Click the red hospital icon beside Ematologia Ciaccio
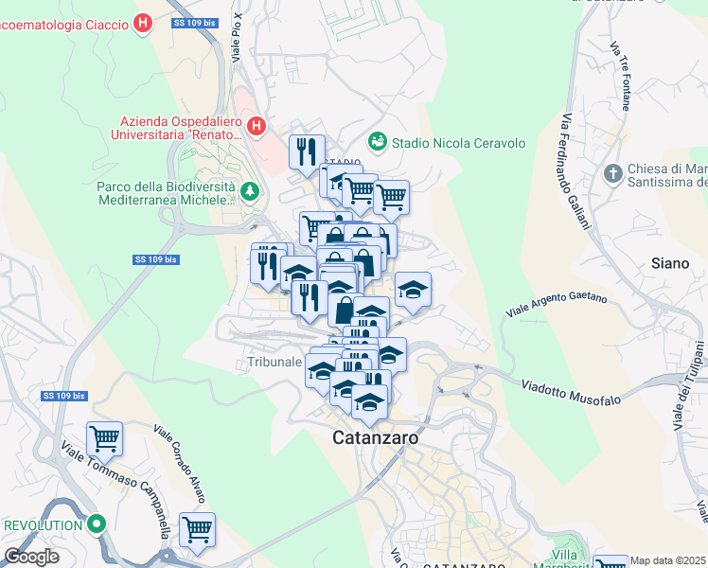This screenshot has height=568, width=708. tap(143, 23)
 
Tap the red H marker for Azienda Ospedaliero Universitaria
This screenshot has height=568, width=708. tap(255, 126)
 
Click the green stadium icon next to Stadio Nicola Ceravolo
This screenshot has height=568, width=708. tap(378, 141)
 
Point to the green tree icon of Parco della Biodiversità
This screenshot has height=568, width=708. tap(250, 193)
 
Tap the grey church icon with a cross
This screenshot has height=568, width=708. tap(613, 174)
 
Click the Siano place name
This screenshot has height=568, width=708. tap(670, 263)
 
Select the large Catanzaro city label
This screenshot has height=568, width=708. tap(375, 438)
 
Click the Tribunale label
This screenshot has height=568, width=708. tap(274, 362)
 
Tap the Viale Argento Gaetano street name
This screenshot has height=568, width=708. tap(556, 303)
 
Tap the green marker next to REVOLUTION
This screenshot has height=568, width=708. tap(96, 524)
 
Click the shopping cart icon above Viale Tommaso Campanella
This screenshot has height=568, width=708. tap(104, 437)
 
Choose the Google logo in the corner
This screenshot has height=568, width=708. tap(31, 557)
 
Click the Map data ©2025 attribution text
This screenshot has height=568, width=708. tap(668, 560)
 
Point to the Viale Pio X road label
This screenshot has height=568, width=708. tap(238, 39)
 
